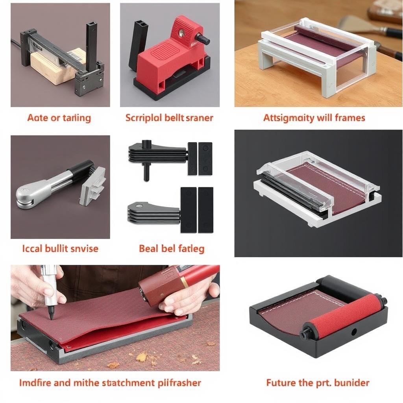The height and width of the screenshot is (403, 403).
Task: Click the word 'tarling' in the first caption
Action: point(76,118)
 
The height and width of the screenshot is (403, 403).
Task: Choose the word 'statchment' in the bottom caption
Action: point(124,383)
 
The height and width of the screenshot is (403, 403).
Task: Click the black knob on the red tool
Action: point(203,39)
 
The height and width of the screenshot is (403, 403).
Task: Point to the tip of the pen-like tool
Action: point(52,317)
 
